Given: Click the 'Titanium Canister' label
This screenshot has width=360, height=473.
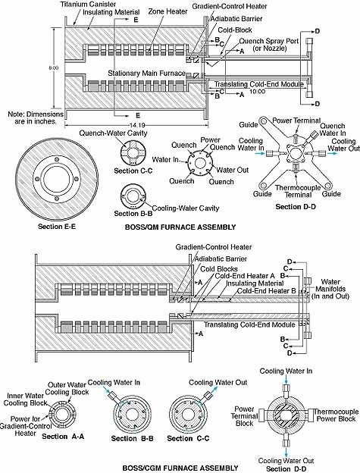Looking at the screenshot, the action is pos(88,5).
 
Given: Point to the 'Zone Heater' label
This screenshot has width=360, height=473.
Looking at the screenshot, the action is pos(167,11).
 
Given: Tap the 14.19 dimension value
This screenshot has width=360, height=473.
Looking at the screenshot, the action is pos(136,125).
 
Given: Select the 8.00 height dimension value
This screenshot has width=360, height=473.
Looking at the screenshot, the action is pos(54,68).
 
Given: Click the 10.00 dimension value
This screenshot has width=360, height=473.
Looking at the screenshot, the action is pos(257,91).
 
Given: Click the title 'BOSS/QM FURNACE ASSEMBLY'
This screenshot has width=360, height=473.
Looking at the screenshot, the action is pos(180,227).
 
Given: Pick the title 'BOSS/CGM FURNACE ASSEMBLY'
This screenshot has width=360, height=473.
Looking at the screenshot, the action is pos(180,468).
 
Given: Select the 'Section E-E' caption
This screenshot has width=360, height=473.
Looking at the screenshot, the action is pos(57,226).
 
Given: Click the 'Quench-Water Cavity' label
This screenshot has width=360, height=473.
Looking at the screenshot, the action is pos(113,133).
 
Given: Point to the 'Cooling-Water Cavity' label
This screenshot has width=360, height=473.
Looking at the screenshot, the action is pos(186,208).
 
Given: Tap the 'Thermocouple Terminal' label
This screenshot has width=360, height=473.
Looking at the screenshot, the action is pos(298,191).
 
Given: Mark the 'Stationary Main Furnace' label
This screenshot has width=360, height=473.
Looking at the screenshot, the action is pos(147,74).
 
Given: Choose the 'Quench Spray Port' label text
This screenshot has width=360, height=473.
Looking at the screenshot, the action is pos(269,41).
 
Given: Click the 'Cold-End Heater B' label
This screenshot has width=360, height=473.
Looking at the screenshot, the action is pos(267,291).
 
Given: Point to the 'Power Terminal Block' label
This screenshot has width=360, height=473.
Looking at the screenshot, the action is pos(245,416).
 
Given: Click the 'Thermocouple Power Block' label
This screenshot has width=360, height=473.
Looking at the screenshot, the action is pos(336,415).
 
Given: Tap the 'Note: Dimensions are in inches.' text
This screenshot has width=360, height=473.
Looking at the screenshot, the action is pos(36,117).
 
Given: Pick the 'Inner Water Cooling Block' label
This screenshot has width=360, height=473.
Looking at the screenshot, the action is pos(25,399).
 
